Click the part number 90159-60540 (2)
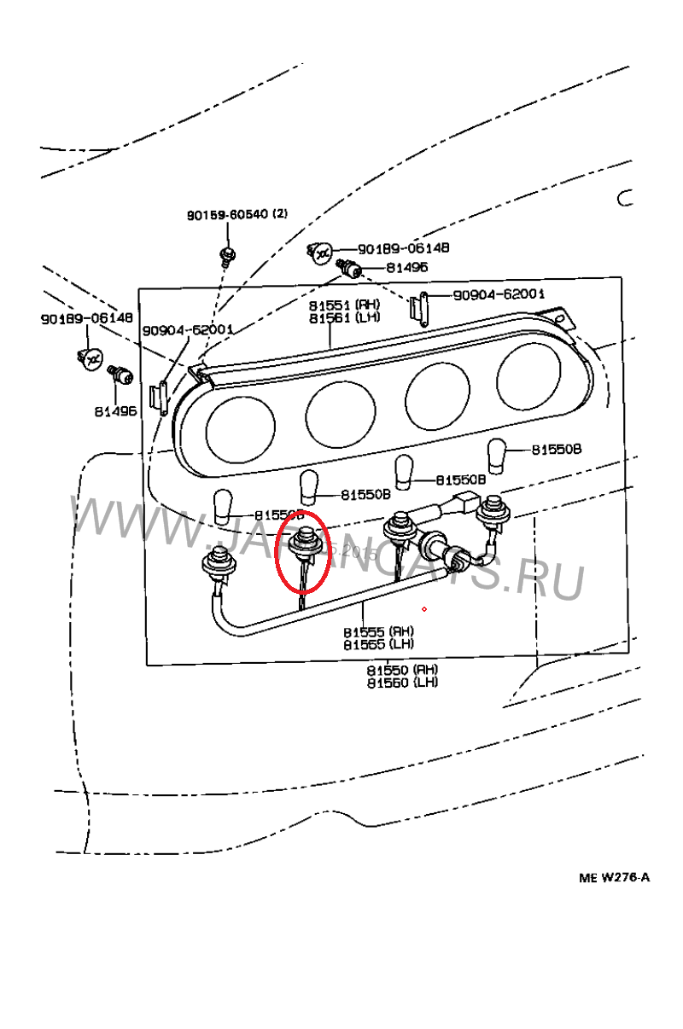(237, 215)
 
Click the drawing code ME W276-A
(614, 877)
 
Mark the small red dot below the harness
(423, 609)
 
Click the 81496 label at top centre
(407, 267)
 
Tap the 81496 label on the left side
(115, 410)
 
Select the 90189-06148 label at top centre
(403, 248)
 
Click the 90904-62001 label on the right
(499, 294)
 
